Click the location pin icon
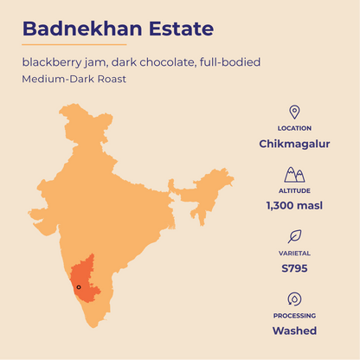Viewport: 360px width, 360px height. (x=294, y=112)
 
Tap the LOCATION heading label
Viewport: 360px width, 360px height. (x=294, y=128)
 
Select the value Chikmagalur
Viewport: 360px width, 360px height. (x=294, y=144)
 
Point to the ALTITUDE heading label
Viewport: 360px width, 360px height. (x=294, y=190)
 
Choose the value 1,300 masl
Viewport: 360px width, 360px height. (x=294, y=206)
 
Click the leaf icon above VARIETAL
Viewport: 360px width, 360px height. (x=294, y=235)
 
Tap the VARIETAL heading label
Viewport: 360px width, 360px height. (x=294, y=253)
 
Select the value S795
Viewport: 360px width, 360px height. (x=294, y=268)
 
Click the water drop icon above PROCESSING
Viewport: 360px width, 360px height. (x=294, y=299)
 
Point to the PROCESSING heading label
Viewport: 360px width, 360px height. (x=294, y=316)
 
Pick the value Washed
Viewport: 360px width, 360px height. (x=294, y=331)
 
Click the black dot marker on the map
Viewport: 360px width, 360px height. (x=78, y=287)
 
